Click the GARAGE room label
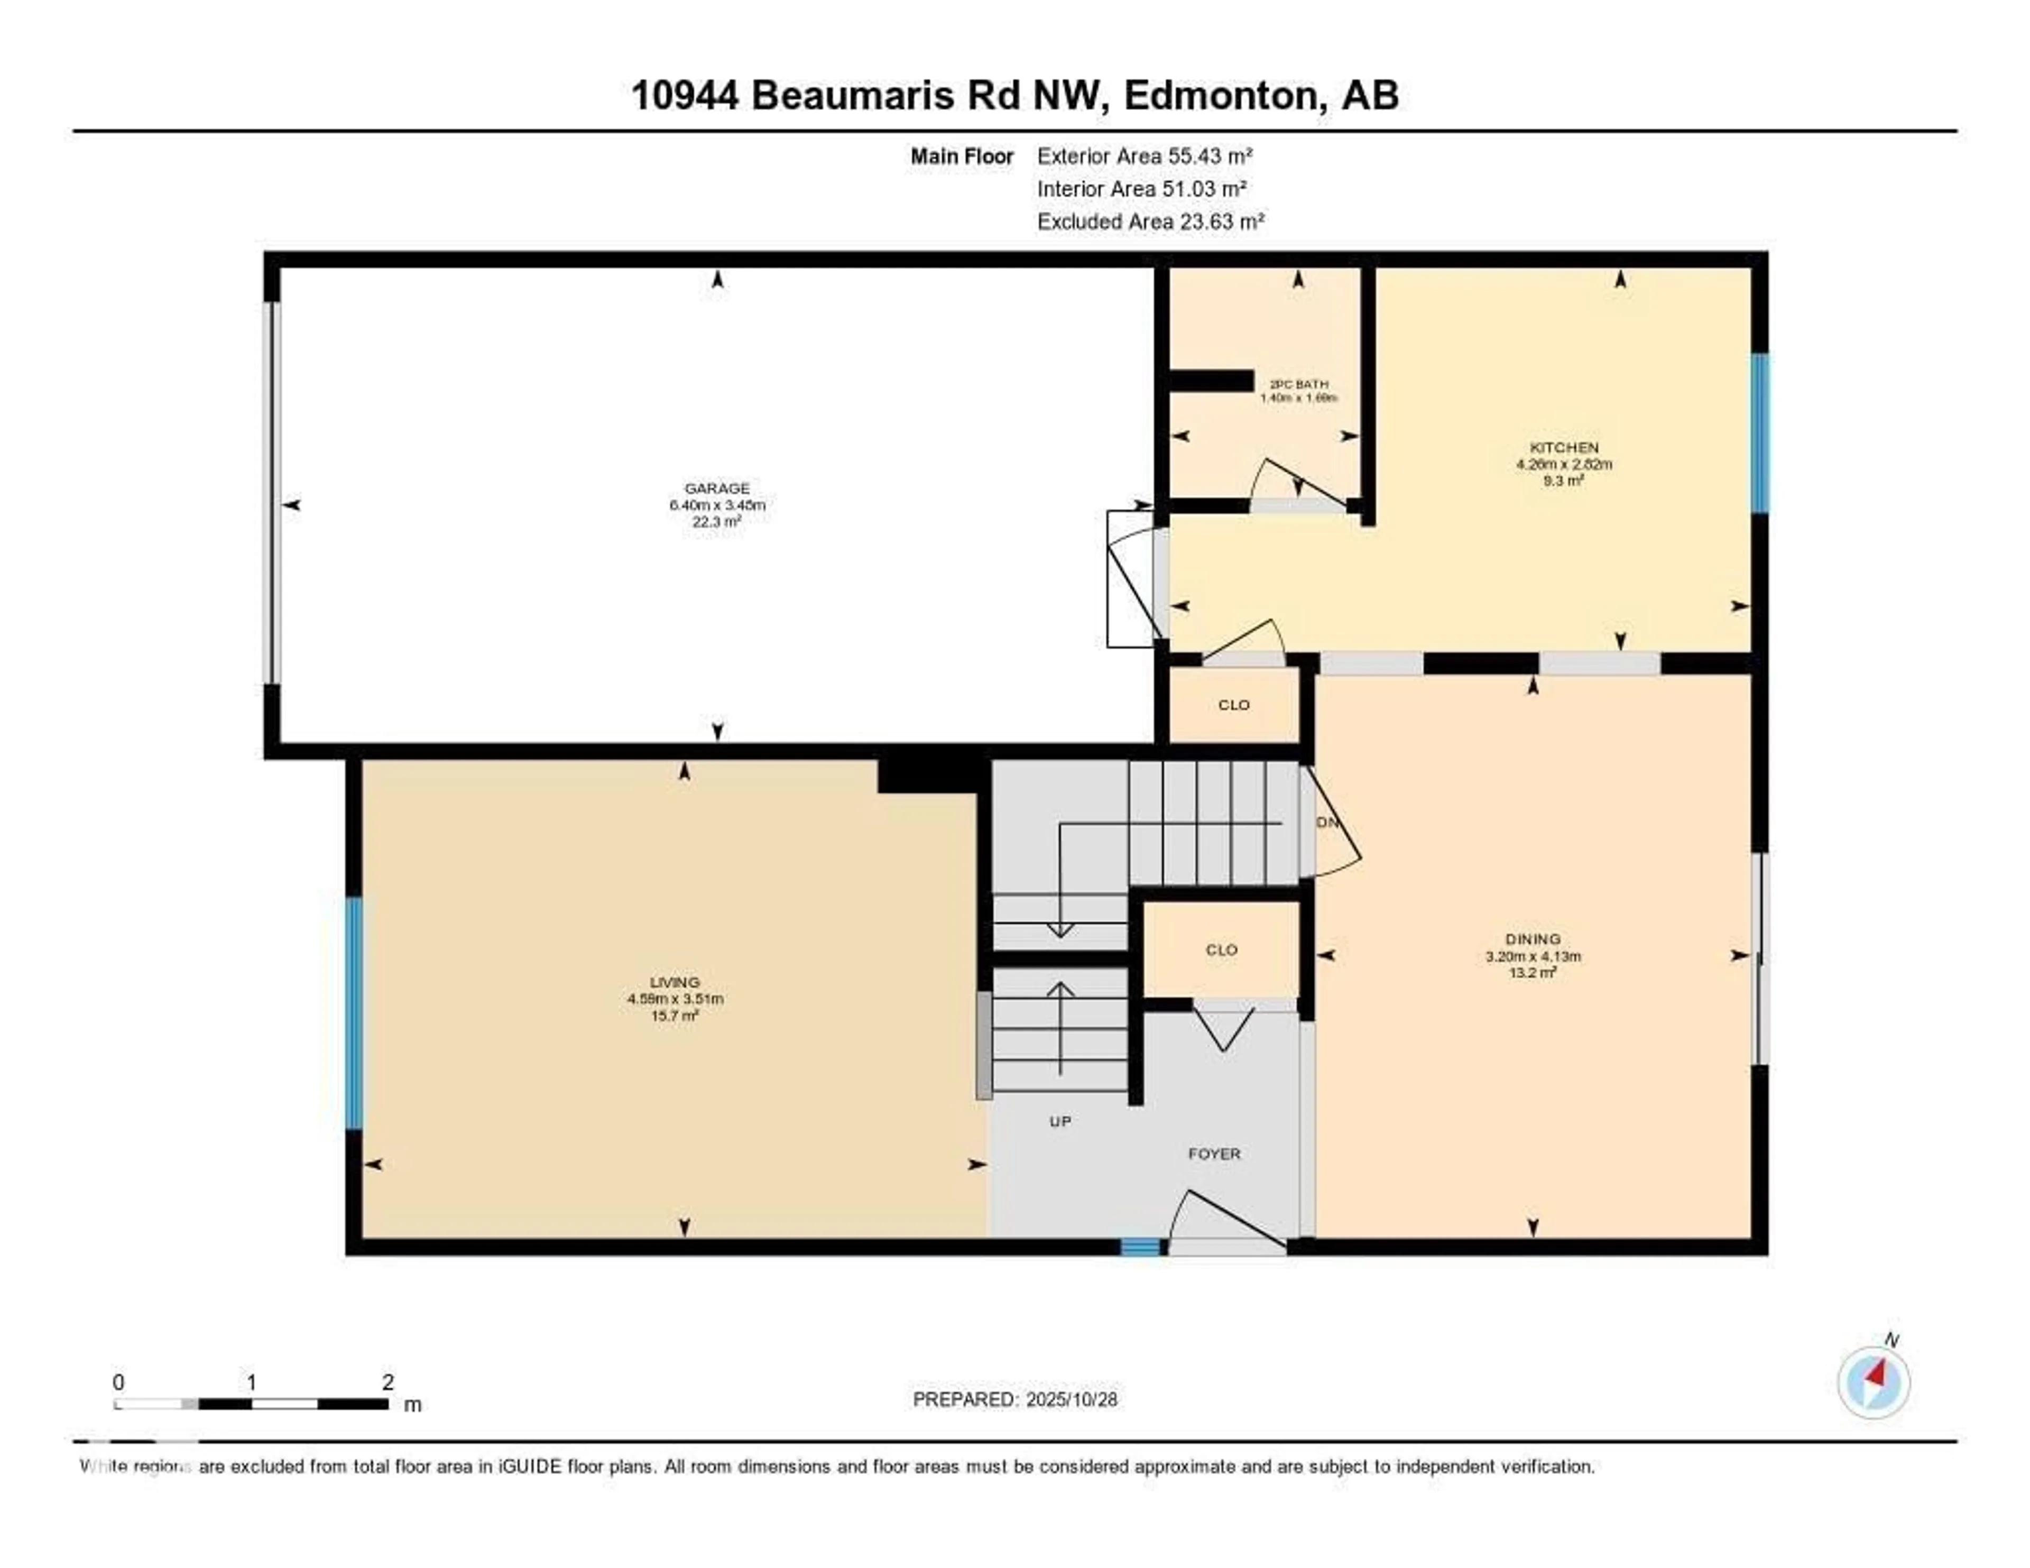[717, 488]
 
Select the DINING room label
[1533, 939]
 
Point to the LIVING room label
[675, 982]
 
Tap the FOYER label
[1214, 1154]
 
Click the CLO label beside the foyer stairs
[1221, 950]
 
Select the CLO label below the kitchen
[1233, 705]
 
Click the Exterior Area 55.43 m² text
[1144, 156]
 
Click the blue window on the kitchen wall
[1759, 433]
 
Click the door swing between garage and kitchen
[1134, 581]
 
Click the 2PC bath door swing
[1297, 483]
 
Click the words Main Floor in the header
[961, 156]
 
